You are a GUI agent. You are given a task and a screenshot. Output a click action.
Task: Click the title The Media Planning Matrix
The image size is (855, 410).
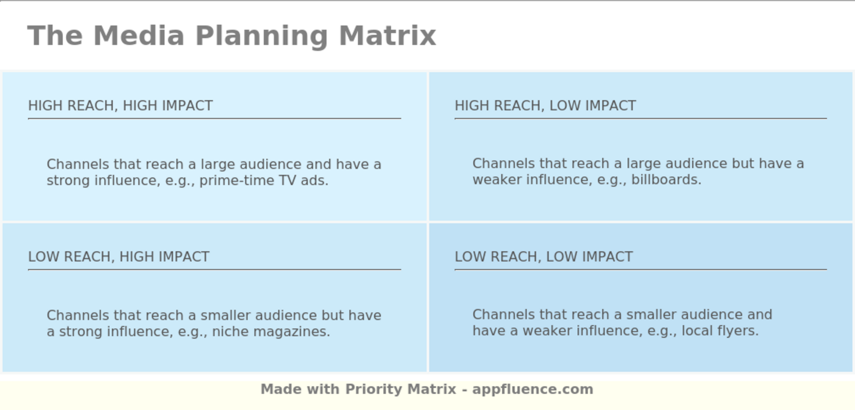[x=231, y=35]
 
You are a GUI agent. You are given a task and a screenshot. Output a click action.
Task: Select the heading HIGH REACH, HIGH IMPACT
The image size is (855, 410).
[x=120, y=106]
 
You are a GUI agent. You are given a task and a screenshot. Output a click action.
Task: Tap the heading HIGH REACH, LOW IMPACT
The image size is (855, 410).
[x=545, y=106]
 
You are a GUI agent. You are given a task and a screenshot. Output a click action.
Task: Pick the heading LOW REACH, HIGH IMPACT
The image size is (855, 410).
[x=118, y=257]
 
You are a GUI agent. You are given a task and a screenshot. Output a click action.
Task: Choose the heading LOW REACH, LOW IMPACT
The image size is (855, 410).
[x=544, y=257]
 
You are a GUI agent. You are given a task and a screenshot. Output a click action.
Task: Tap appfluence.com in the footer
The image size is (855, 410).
[x=533, y=389]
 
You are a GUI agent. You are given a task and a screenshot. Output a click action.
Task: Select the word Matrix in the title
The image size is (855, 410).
[x=387, y=35]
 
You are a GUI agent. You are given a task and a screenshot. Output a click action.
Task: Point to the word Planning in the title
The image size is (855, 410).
[x=262, y=35]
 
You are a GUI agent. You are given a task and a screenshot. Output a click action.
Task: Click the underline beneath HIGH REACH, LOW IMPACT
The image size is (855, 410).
[x=640, y=119]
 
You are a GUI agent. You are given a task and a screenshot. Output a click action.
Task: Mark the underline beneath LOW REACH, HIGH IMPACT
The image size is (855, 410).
[x=214, y=269]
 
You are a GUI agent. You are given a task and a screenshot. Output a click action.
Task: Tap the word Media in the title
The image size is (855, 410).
[x=139, y=35]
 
